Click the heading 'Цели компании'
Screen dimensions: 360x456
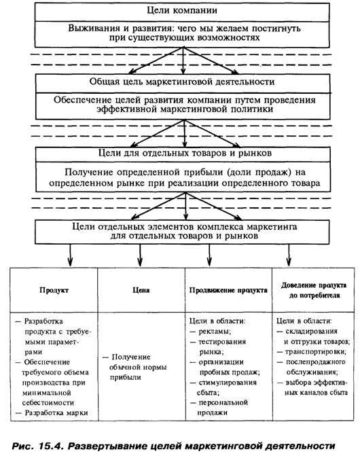coord(182,10)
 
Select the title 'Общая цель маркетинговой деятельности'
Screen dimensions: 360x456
coord(182,82)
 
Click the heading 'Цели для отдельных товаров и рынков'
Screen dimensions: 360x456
coord(185,153)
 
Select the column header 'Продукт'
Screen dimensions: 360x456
coord(54,290)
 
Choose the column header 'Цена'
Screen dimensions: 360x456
coord(141,290)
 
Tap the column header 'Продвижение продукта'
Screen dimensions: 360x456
coord(228,290)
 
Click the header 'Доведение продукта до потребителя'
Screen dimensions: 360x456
coord(314,290)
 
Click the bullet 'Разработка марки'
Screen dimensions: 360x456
coord(52,413)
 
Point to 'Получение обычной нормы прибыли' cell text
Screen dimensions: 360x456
coord(134,367)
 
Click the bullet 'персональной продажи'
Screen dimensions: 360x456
coord(219,408)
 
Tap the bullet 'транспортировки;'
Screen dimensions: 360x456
coord(311,351)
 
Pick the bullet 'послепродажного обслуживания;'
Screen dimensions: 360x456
coord(311,367)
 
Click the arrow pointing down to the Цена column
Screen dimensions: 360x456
coord(140,255)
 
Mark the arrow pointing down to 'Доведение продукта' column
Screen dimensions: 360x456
coord(289,255)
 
